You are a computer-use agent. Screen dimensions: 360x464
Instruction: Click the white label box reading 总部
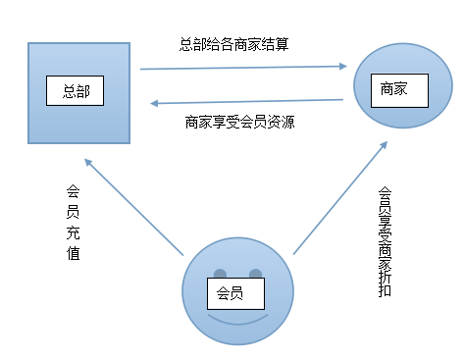[76, 91]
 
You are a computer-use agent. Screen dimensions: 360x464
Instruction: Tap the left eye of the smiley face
[221, 273]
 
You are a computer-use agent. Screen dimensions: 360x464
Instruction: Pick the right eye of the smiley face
[256, 273]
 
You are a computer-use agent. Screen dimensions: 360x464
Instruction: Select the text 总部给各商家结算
[234, 43]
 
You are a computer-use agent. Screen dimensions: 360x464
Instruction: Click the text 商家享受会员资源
[240, 123]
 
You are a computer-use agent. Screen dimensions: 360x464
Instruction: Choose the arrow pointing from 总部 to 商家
[245, 68]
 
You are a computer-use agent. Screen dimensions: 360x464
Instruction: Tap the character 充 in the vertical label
[73, 233]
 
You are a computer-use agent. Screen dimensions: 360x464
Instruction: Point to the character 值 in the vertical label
[73, 254]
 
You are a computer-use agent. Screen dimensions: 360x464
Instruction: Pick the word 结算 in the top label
[275, 43]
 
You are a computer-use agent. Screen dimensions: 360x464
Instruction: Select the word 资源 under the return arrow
[282, 123]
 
